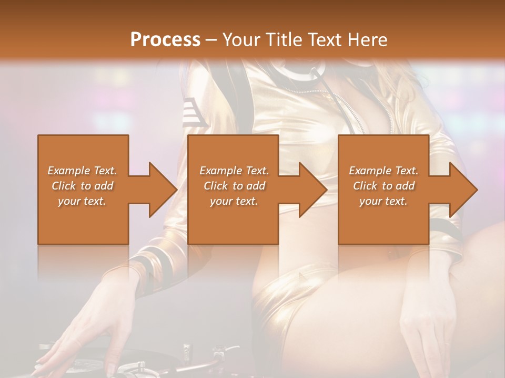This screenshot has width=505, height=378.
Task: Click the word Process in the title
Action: (x=165, y=39)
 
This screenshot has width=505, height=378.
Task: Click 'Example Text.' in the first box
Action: (x=82, y=171)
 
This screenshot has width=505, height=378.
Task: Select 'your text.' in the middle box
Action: (x=234, y=201)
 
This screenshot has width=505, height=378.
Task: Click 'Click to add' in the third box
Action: (x=383, y=186)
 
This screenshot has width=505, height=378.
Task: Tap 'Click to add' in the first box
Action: (x=82, y=186)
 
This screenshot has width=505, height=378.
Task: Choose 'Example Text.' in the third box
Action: (x=383, y=171)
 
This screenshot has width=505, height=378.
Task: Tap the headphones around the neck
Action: (x=295, y=73)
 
